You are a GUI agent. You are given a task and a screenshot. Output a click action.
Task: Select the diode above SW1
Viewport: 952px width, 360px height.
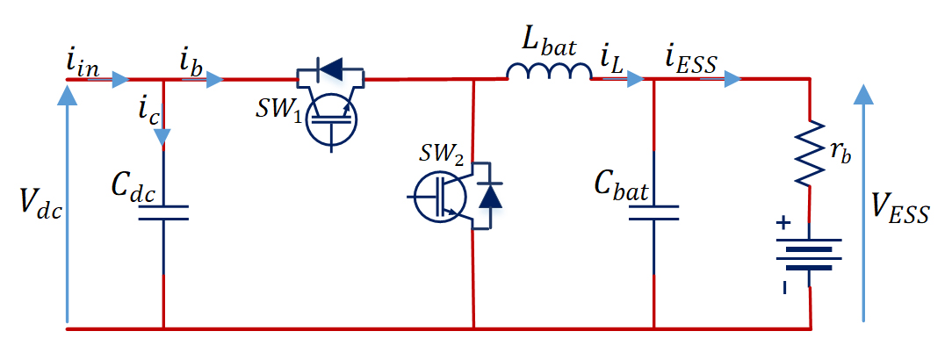click(x=331, y=69)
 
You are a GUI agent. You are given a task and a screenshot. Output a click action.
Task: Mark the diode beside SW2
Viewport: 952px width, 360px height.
click(x=490, y=195)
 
